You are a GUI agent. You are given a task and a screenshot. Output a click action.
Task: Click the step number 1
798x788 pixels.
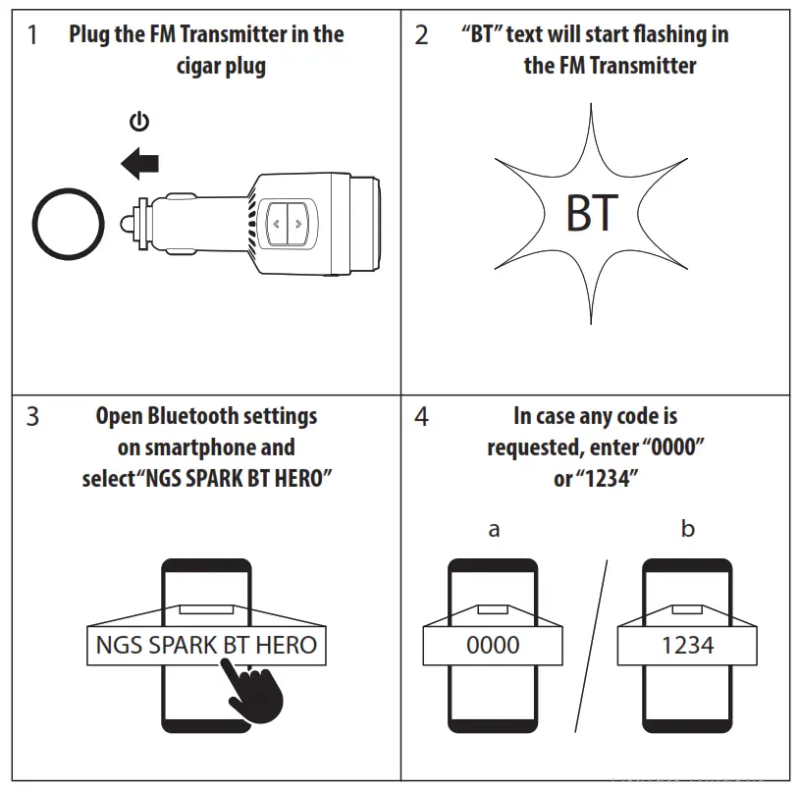33,36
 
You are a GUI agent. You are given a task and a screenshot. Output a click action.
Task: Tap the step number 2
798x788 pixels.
421,36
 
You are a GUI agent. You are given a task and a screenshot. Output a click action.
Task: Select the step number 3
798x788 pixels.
33,417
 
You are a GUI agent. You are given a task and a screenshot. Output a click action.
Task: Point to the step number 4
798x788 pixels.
421,417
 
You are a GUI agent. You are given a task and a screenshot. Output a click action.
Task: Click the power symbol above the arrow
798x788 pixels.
139,122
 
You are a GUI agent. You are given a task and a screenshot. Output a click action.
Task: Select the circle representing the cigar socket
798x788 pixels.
67,223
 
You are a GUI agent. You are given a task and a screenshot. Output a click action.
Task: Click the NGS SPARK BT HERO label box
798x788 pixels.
206,645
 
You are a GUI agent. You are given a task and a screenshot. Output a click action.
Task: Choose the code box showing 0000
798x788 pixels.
494,645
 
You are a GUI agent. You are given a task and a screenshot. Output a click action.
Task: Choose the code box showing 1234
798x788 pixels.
687,645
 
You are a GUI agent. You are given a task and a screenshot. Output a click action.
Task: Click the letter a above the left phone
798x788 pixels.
494,530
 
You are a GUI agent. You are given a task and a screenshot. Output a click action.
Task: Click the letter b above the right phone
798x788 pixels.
687,529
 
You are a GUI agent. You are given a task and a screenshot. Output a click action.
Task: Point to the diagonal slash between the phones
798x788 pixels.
590,645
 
